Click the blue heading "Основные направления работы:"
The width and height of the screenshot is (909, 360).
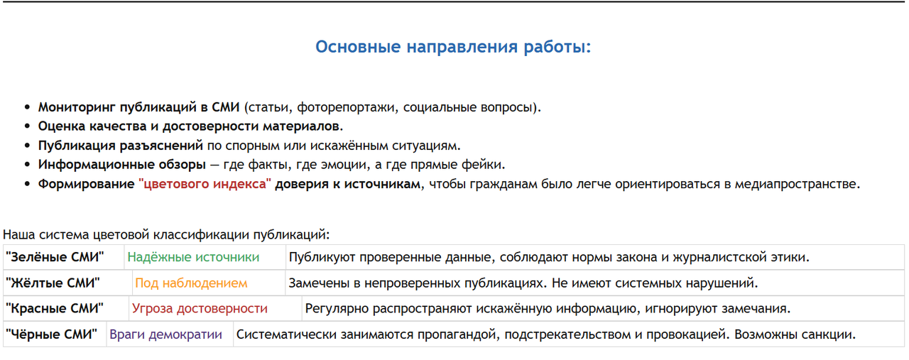coord(453,47)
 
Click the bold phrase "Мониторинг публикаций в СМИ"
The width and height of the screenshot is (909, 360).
coord(138,107)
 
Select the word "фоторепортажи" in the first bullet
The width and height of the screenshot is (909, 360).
coord(347,107)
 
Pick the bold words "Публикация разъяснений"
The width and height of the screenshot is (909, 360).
coord(121,146)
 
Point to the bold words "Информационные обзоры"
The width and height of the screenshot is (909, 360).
coord(121,165)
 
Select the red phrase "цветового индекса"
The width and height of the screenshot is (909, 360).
coord(205,184)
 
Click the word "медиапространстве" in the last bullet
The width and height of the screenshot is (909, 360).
coord(795,184)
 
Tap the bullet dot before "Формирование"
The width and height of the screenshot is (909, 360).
coord(27,185)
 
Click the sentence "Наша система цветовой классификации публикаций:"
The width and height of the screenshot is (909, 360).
coord(166,234)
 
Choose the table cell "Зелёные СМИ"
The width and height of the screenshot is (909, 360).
coord(64,257)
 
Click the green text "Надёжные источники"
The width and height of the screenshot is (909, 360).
coord(193,257)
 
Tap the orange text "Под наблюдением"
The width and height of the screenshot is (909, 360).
coord(191,283)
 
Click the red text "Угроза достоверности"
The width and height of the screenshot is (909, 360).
coord(200,309)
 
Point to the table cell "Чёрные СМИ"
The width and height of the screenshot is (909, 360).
coord(55,334)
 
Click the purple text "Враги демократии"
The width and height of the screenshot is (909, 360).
coord(165,334)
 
